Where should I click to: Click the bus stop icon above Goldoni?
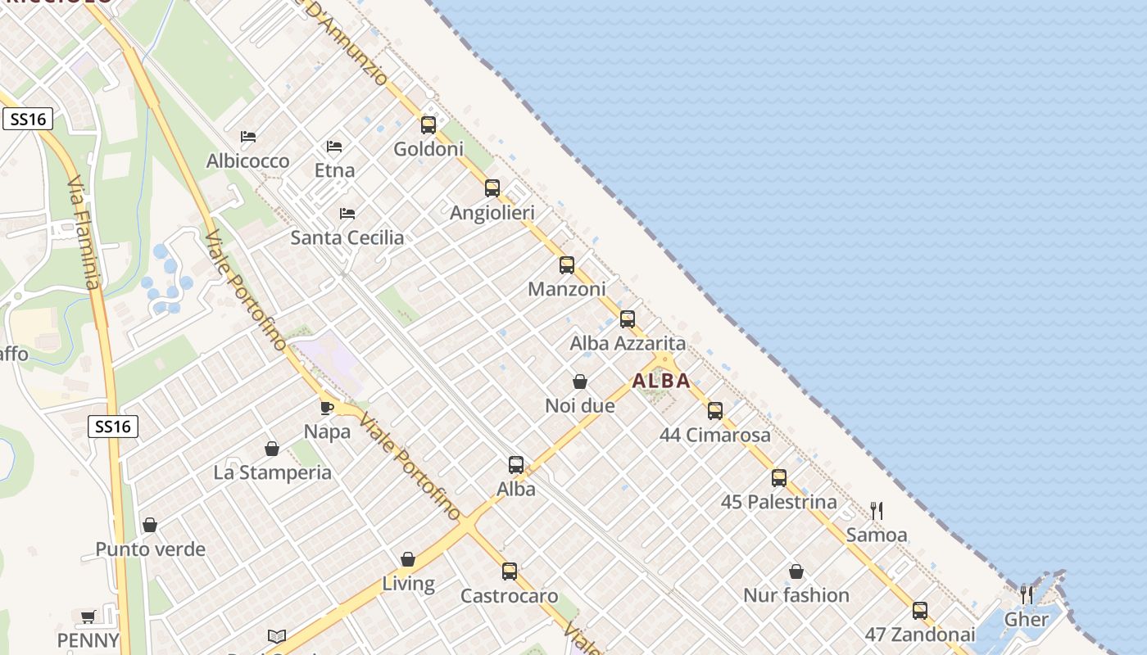coord(428,125)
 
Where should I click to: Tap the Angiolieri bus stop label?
coord(492,213)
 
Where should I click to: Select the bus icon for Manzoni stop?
coord(567,265)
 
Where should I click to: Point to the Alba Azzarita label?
coord(628,343)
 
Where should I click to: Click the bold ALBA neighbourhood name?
coord(661,381)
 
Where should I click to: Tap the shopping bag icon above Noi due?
coord(580,382)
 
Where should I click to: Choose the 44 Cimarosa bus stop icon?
coord(715,411)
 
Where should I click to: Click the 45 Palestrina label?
coord(778,502)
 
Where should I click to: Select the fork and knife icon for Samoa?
coord(877,511)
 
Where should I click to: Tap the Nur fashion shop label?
coord(796,595)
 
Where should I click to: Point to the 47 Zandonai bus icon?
coord(920,611)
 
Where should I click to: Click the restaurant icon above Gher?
coord(1026,594)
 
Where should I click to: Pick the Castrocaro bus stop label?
coord(509,596)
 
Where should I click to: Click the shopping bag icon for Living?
coord(408,559)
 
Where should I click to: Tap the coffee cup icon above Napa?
coord(327,407)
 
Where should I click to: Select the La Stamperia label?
coord(272,472)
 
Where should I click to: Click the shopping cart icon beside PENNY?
coord(88,617)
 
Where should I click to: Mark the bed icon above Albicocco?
coord(248,137)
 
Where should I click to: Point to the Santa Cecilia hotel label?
coord(347,237)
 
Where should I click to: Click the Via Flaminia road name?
coord(84,233)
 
